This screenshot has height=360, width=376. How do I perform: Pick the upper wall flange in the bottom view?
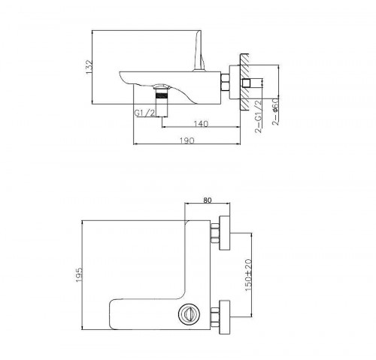click(223, 233)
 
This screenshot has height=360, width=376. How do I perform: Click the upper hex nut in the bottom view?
click(215, 233)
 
